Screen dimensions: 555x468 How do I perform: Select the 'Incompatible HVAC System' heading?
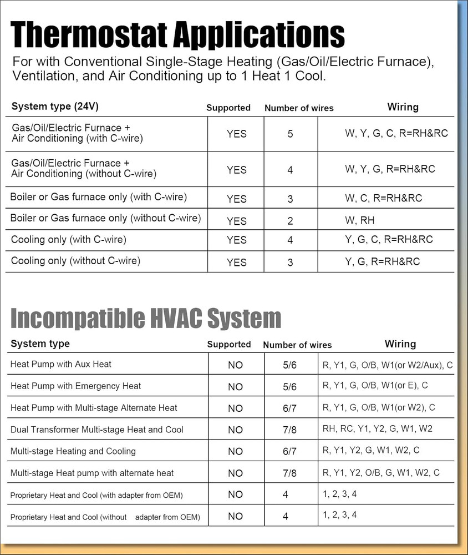click(146, 319)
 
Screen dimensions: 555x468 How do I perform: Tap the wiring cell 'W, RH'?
click(359, 220)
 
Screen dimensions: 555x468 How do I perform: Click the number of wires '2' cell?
click(290, 221)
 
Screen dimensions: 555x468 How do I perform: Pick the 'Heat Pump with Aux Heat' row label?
click(61, 364)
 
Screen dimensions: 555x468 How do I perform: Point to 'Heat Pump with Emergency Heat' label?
click(76, 386)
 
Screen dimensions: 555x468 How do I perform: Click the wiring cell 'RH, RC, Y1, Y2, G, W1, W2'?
click(377, 428)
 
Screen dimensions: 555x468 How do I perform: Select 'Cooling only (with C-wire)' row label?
click(69, 240)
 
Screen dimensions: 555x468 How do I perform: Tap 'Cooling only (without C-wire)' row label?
click(75, 260)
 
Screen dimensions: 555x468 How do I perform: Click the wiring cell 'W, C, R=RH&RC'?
click(383, 198)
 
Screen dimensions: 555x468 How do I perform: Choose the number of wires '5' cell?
click(290, 134)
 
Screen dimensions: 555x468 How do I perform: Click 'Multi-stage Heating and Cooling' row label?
click(73, 451)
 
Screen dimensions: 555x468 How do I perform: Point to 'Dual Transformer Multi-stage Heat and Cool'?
click(97, 430)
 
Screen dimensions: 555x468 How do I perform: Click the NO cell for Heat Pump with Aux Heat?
click(235, 365)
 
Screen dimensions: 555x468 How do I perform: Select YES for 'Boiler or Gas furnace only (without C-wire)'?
click(236, 221)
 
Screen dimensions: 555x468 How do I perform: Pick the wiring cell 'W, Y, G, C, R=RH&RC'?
click(396, 133)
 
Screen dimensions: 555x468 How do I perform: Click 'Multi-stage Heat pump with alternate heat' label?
click(92, 473)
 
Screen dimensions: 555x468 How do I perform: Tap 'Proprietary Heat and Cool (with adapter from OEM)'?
click(96, 495)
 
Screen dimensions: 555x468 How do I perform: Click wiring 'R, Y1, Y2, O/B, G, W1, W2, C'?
click(381, 473)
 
